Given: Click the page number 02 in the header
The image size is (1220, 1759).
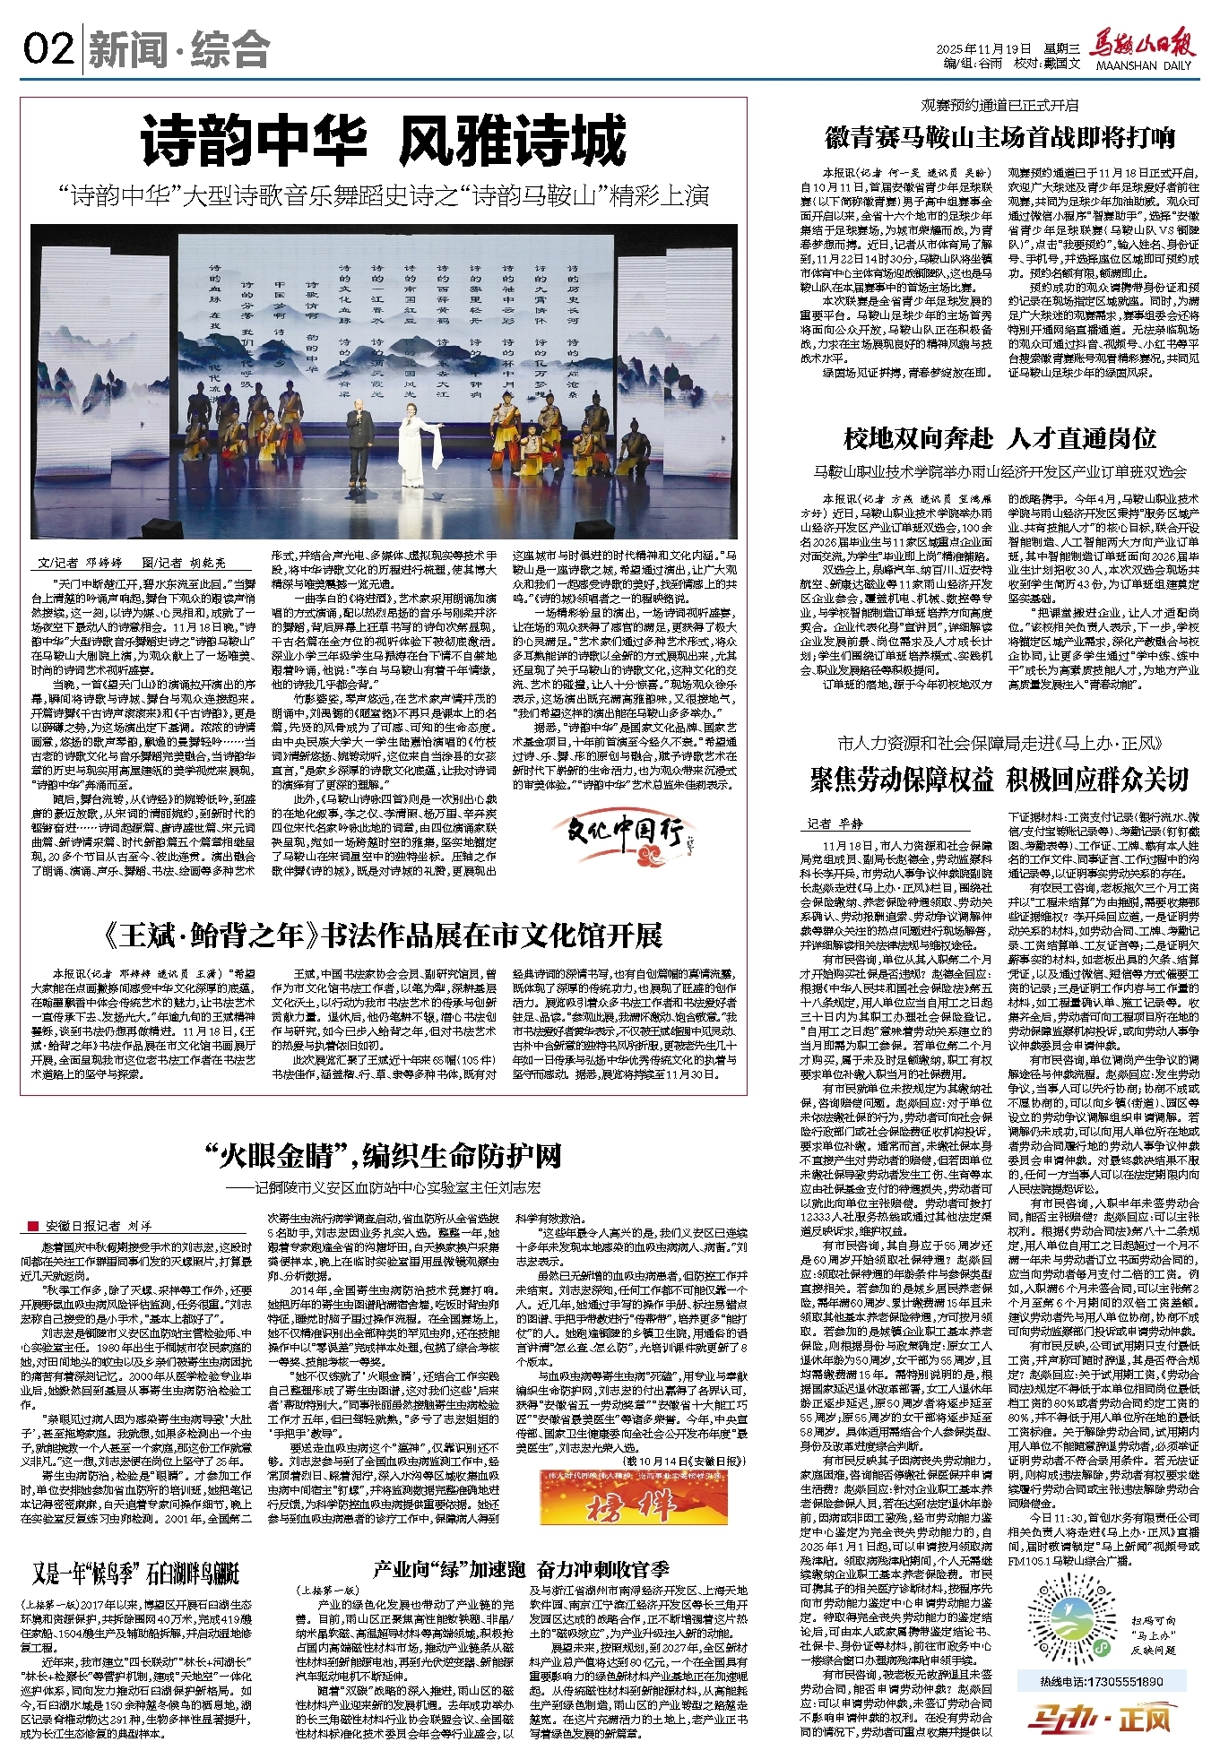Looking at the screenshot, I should point(48,48).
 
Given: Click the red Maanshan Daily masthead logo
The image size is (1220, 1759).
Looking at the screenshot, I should point(1142,45).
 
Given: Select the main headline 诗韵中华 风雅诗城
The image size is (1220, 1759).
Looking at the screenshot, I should point(383,142).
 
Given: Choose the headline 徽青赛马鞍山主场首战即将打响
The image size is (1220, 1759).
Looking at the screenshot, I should point(999,138).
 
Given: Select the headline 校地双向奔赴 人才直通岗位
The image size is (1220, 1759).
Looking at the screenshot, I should point(999,438).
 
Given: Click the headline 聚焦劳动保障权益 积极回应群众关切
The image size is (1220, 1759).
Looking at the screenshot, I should point(999,780).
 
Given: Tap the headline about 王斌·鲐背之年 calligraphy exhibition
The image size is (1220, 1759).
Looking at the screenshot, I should point(383,936).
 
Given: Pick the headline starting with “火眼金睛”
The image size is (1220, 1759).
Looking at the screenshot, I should point(383,1156).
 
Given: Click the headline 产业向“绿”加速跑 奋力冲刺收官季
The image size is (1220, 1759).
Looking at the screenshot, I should point(521,1569).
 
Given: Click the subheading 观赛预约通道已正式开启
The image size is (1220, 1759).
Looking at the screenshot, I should point(999,106).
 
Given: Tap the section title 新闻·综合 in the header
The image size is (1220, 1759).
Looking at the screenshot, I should point(179,49).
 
